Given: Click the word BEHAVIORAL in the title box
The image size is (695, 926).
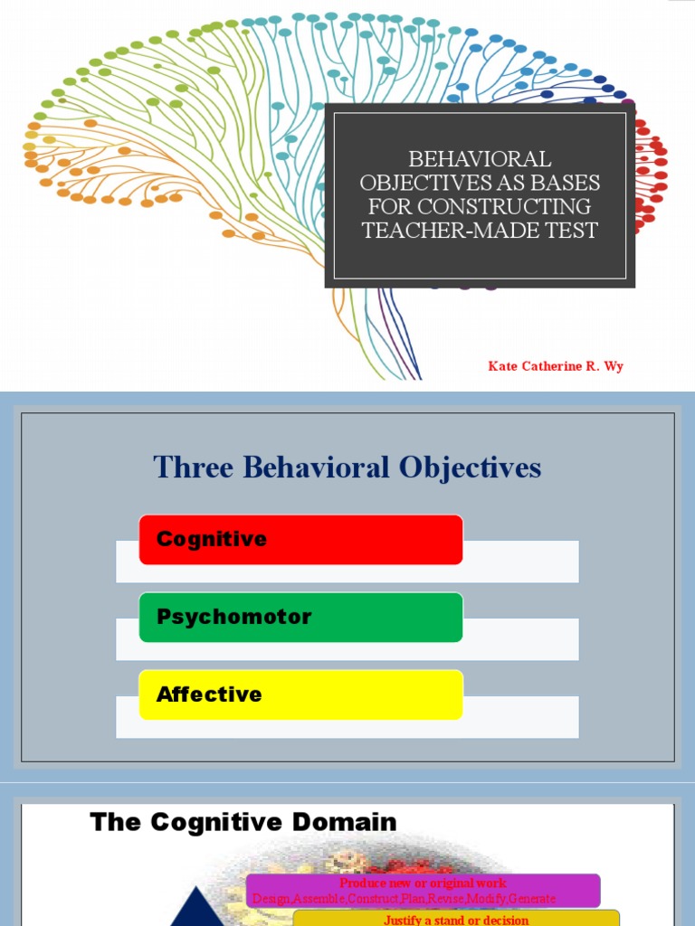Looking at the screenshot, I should coord(480,159).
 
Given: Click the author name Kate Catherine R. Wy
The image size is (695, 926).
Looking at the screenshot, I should coord(556,366).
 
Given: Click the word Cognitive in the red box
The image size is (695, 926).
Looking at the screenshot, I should coord(212,540).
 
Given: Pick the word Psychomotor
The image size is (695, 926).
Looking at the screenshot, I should coord(233,618).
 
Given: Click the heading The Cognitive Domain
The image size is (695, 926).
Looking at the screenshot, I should coord(243,822).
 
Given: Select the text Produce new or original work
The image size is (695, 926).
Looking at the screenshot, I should coord(423,883).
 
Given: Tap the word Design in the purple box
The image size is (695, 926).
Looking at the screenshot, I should coord(271,899).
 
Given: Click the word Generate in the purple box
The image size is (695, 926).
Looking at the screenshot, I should coord(533,899).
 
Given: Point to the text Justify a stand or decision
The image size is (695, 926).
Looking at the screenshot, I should coord(456,921).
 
